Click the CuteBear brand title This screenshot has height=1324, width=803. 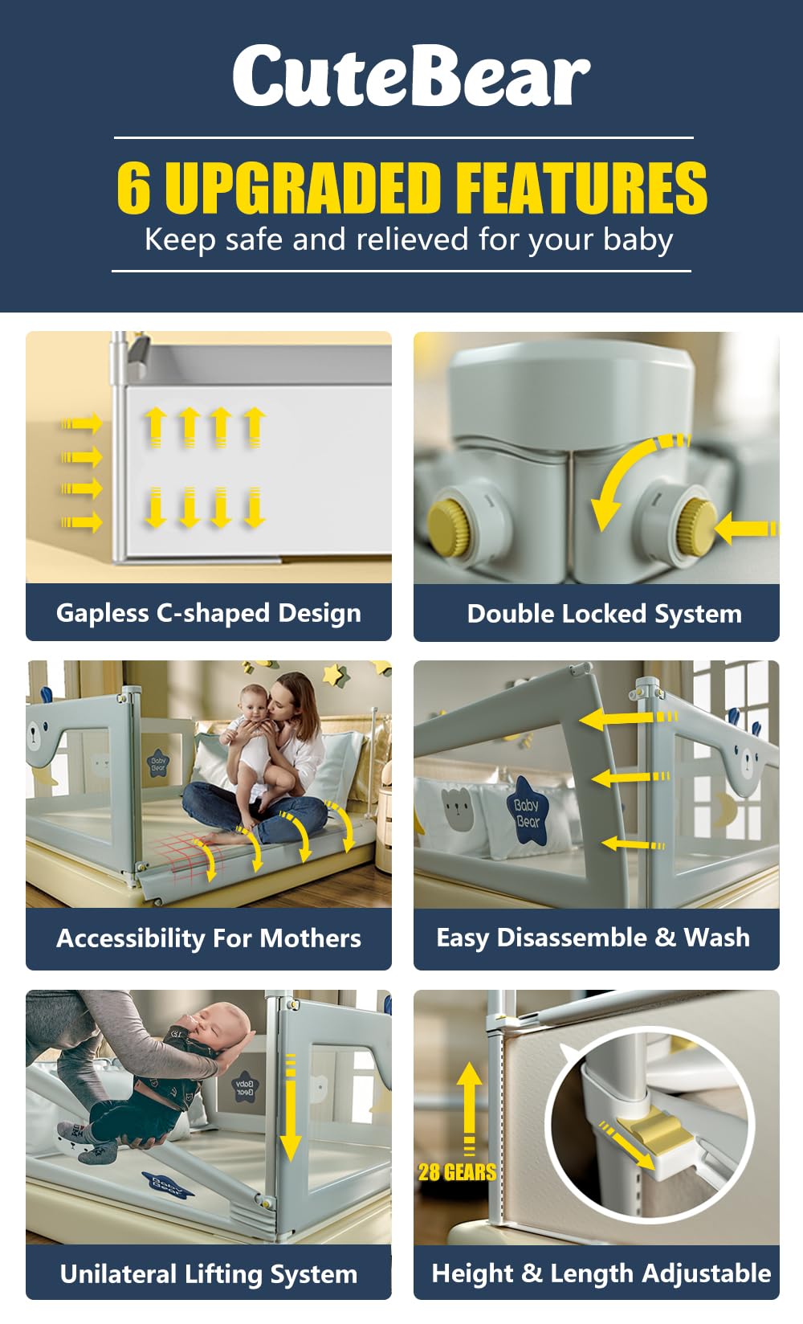(x=411, y=76)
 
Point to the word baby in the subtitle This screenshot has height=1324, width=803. (x=638, y=240)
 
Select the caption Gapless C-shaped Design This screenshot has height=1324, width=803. (x=209, y=613)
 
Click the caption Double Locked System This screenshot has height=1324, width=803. (x=605, y=614)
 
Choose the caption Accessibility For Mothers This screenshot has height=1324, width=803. (x=209, y=938)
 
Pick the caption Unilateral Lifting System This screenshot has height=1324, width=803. (x=209, y=1273)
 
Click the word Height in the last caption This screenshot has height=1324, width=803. (x=472, y=1273)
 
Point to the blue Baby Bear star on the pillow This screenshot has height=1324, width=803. (x=526, y=811)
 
